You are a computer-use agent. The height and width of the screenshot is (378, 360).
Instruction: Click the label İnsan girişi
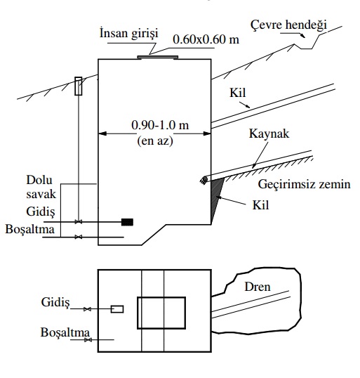tap(129, 33)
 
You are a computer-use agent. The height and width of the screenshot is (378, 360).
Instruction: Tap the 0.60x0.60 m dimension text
tap(206, 39)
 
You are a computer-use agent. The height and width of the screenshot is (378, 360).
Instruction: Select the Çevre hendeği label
tap(288, 25)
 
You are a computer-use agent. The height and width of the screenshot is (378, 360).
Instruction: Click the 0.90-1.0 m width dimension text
tap(160, 125)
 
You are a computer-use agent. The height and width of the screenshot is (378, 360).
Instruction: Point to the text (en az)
tap(155, 141)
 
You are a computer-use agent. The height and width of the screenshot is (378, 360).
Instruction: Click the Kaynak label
tap(269, 133)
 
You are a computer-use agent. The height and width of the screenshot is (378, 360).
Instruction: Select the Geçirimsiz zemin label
tap(304, 184)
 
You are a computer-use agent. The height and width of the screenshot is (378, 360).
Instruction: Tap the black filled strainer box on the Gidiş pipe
tap(127, 222)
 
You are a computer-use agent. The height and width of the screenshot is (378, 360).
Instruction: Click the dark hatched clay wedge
tap(216, 197)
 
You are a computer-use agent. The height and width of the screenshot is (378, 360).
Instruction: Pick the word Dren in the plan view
tap(258, 287)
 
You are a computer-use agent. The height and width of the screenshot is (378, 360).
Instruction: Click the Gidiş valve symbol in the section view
tap(79, 222)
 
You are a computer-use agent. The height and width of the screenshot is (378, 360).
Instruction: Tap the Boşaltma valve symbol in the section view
tap(79, 237)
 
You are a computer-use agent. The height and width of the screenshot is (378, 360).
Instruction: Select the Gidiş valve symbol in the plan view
tap(87, 309)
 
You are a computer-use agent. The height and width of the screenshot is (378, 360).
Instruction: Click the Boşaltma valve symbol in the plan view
tap(88, 340)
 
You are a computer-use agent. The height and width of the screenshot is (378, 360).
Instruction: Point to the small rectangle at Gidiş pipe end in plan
tap(117, 309)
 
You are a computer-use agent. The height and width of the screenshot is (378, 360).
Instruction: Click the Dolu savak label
tap(41, 187)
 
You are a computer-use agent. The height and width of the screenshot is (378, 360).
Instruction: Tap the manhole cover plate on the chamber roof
tap(158, 57)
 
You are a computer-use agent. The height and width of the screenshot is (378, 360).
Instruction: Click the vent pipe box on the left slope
tap(79, 86)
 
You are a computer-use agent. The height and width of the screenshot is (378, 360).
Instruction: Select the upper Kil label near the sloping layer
tap(238, 93)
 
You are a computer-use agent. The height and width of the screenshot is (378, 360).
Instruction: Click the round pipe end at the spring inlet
tap(204, 180)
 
